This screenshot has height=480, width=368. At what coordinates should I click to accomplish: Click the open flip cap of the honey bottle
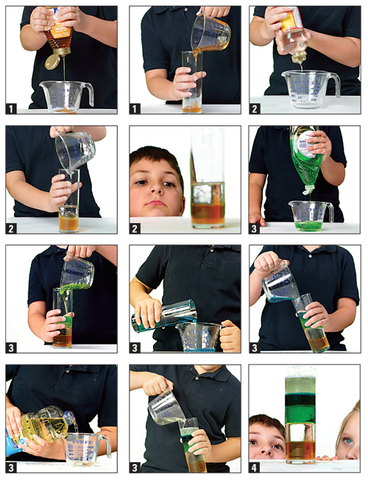[x=53, y=62]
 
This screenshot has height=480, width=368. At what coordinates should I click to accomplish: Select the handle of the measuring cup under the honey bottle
[x=89, y=94]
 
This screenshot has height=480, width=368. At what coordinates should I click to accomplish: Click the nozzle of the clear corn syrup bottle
[x=299, y=57]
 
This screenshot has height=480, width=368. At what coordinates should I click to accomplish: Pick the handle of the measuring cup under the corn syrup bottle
[x=335, y=85]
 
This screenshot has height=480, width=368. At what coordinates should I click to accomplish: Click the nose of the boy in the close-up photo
[x=156, y=189]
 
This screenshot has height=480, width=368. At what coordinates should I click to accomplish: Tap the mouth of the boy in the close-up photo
[x=155, y=202]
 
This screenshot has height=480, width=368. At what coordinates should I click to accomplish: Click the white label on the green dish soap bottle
[x=305, y=143]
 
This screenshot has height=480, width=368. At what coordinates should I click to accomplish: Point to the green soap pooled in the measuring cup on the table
[x=308, y=225]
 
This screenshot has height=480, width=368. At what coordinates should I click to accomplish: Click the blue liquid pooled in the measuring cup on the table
[x=198, y=350]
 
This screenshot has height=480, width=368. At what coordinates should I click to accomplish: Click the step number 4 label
[x=254, y=467]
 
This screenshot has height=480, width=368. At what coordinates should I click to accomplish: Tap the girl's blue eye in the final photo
[x=348, y=441]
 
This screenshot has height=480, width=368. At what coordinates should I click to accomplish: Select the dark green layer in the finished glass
[x=300, y=399]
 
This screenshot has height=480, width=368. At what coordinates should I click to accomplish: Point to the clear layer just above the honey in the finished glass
[x=300, y=432]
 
